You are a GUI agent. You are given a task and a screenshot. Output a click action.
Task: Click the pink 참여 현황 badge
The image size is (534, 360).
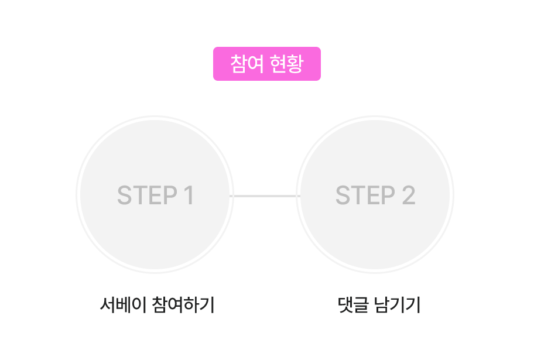266,64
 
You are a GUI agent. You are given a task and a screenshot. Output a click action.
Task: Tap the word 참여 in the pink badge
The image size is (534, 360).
245,64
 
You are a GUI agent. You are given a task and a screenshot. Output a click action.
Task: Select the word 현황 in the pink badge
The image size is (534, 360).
286,64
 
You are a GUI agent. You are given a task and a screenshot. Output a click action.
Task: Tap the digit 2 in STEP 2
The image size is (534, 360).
408,196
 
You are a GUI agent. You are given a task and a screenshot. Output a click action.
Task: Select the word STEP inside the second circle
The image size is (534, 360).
365,196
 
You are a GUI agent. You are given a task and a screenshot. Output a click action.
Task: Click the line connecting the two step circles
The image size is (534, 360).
265,196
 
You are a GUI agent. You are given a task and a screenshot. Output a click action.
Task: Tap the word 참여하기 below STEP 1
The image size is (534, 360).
183,305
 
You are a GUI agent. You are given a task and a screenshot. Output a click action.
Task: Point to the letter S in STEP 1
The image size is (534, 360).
125,196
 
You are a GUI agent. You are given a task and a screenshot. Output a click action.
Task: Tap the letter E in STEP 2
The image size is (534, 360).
373,196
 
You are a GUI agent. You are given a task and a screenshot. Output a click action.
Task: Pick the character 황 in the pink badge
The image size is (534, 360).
294,64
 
